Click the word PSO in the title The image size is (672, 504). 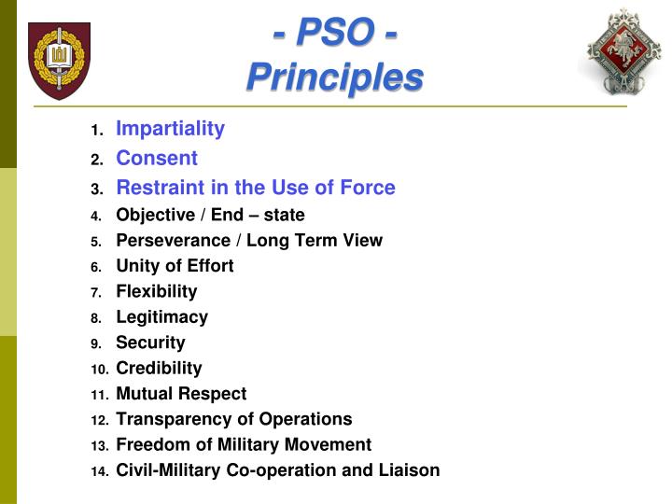click(334, 35)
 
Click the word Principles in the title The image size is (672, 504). click(334, 77)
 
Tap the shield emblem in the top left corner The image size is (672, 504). click(60, 60)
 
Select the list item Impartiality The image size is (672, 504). click(170, 129)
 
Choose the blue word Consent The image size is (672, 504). click(156, 159)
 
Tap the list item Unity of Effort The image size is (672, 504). click(175, 266)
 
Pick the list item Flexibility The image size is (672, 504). click(156, 291)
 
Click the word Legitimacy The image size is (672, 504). click(161, 317)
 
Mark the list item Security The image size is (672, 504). click(150, 343)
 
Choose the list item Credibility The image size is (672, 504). click(159, 368)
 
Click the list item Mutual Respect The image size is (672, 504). click(181, 394)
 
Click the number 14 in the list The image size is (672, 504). click(99, 471)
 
